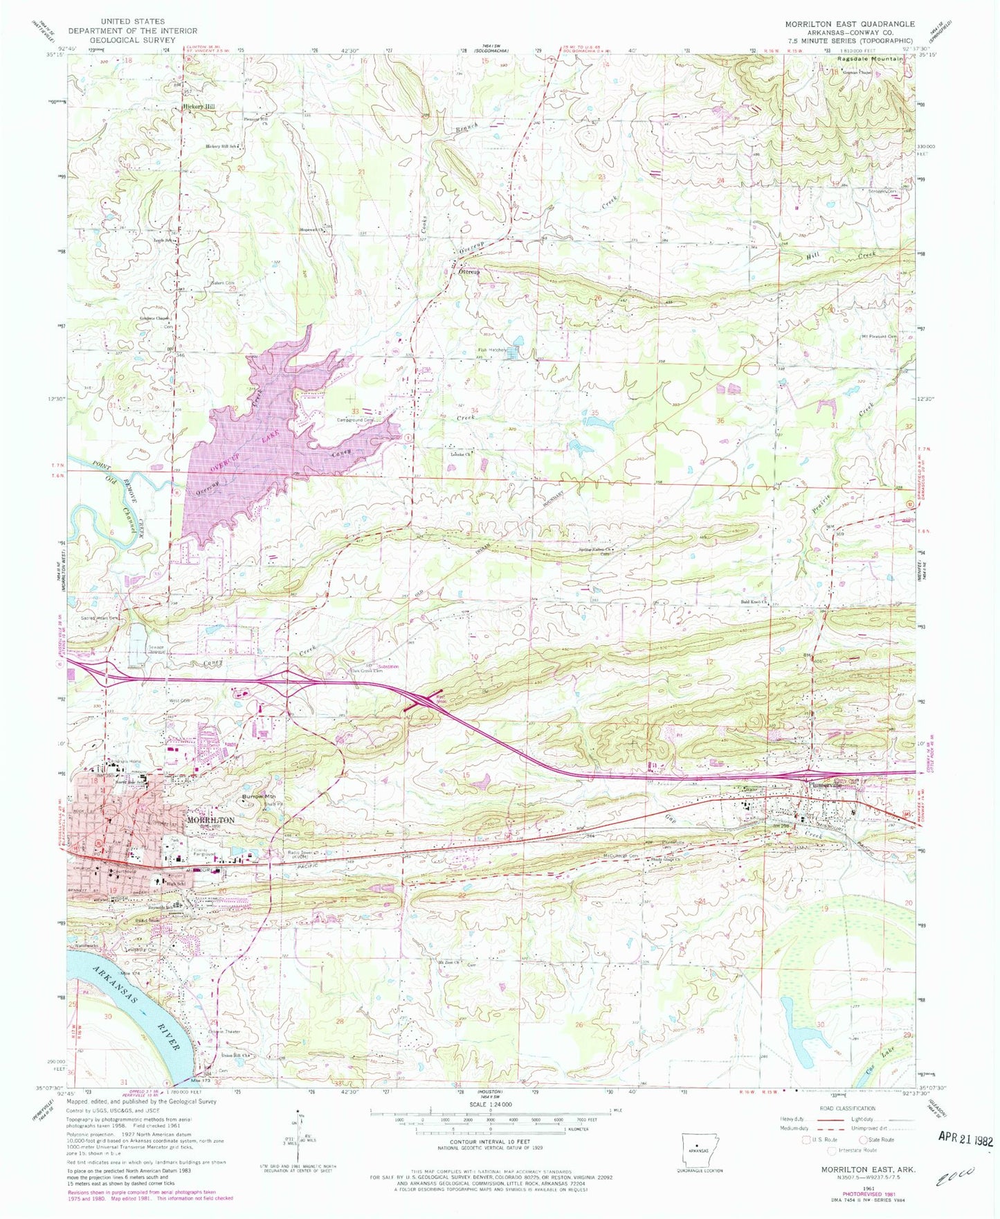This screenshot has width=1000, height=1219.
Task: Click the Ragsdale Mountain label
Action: point(866,60)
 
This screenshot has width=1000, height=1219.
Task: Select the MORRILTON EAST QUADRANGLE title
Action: point(849,24)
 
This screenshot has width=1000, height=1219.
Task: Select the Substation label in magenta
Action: point(388,667)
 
